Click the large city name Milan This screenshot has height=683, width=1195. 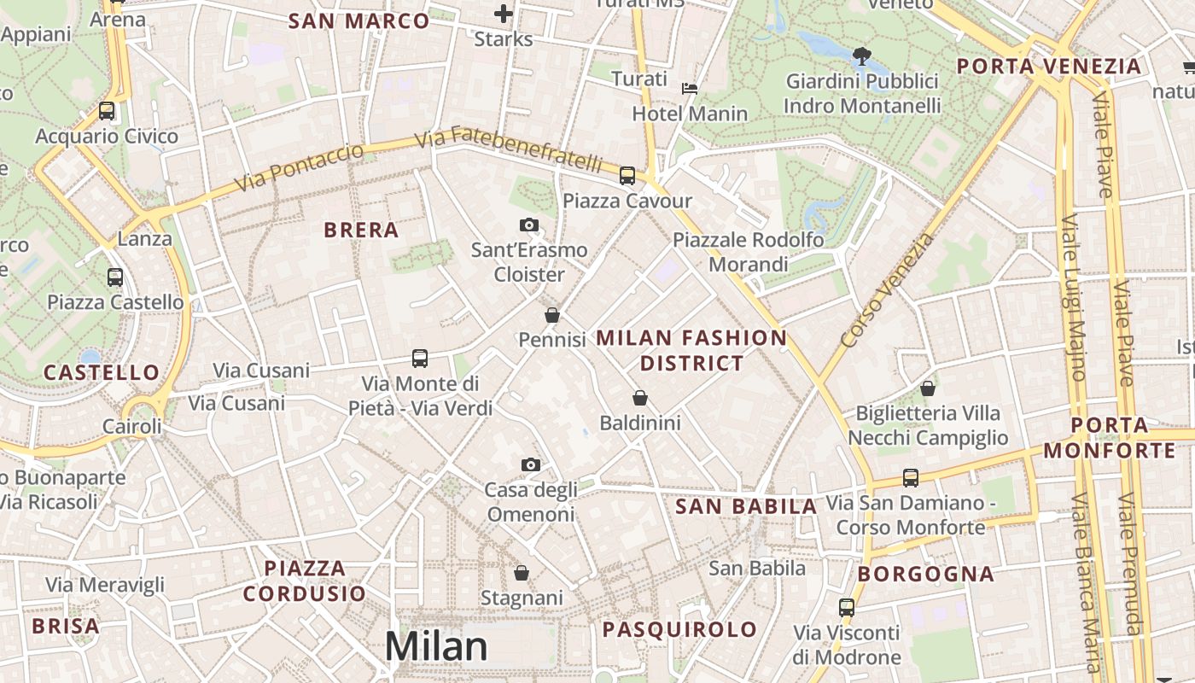pyautogui.click(x=436, y=646)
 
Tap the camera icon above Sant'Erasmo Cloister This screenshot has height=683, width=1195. pyautogui.click(x=529, y=225)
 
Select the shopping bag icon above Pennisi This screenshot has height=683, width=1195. pyautogui.click(x=552, y=315)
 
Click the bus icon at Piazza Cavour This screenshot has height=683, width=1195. pyautogui.click(x=627, y=176)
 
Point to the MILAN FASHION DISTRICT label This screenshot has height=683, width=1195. pyautogui.click(x=691, y=350)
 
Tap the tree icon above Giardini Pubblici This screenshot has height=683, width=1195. pyautogui.click(x=862, y=57)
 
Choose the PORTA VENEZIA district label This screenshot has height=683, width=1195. pyautogui.click(x=1049, y=67)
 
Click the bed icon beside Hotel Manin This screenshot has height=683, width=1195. pyautogui.click(x=690, y=89)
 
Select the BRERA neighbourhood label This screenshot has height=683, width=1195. pyautogui.click(x=362, y=230)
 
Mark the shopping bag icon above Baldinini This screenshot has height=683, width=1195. pyautogui.click(x=640, y=398)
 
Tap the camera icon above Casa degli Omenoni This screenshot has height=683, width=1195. pyautogui.click(x=531, y=464)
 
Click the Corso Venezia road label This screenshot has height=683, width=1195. pyautogui.click(x=888, y=290)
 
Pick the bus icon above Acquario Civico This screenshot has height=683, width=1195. pyautogui.click(x=107, y=111)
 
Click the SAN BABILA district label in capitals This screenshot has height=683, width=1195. pyautogui.click(x=747, y=506)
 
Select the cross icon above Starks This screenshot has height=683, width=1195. pyautogui.click(x=504, y=14)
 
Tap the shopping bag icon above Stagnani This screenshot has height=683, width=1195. pyautogui.click(x=522, y=572)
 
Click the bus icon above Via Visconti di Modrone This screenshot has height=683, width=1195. pyautogui.click(x=847, y=608)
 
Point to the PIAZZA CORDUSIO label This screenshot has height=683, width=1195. pyautogui.click(x=304, y=581)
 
